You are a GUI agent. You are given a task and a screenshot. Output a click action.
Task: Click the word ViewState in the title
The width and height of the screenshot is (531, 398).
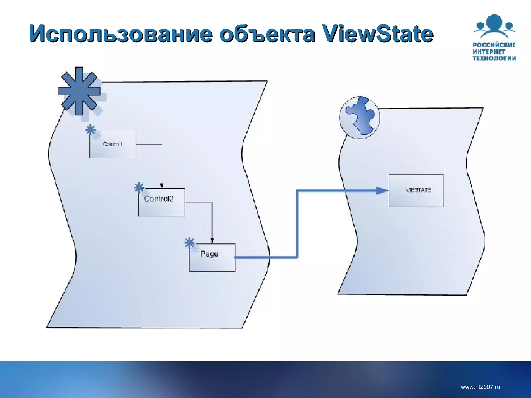point(377,34)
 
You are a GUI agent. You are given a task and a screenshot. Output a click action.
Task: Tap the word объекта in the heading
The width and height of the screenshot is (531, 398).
point(267,34)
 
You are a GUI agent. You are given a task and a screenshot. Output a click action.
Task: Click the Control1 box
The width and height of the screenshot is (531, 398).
point(113,144)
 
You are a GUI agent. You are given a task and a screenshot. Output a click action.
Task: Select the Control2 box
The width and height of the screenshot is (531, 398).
point(162,202)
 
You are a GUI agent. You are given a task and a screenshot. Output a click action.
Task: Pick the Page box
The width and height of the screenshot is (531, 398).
point(212,257)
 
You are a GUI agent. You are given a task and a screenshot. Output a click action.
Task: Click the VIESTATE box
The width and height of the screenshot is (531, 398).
point(416,190)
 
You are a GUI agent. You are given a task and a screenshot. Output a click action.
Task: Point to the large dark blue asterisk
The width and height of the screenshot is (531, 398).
point(79,91)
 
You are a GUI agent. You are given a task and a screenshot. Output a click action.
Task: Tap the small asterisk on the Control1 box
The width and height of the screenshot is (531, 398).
point(90,130)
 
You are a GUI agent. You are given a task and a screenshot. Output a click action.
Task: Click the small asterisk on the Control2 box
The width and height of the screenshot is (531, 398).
point(139,188)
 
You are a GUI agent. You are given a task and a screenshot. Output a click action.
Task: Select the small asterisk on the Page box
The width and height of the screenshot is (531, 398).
point(190,243)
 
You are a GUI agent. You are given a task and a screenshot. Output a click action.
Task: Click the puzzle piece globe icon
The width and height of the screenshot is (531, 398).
point(360,117)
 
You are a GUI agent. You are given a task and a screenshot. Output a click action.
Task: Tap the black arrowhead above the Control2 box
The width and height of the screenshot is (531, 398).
point(162,185)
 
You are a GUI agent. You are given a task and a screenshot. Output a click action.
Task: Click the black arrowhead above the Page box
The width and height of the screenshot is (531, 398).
point(212,240)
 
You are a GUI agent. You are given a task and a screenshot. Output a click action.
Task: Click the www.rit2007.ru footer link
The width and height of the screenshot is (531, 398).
point(480,387)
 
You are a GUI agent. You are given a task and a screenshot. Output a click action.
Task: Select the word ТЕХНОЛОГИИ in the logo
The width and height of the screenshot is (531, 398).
point(494,58)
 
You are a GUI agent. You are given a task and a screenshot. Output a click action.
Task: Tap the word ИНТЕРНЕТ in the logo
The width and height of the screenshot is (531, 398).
point(489,52)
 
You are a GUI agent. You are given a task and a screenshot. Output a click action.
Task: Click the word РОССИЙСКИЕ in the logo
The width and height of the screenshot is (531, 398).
point(494,45)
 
